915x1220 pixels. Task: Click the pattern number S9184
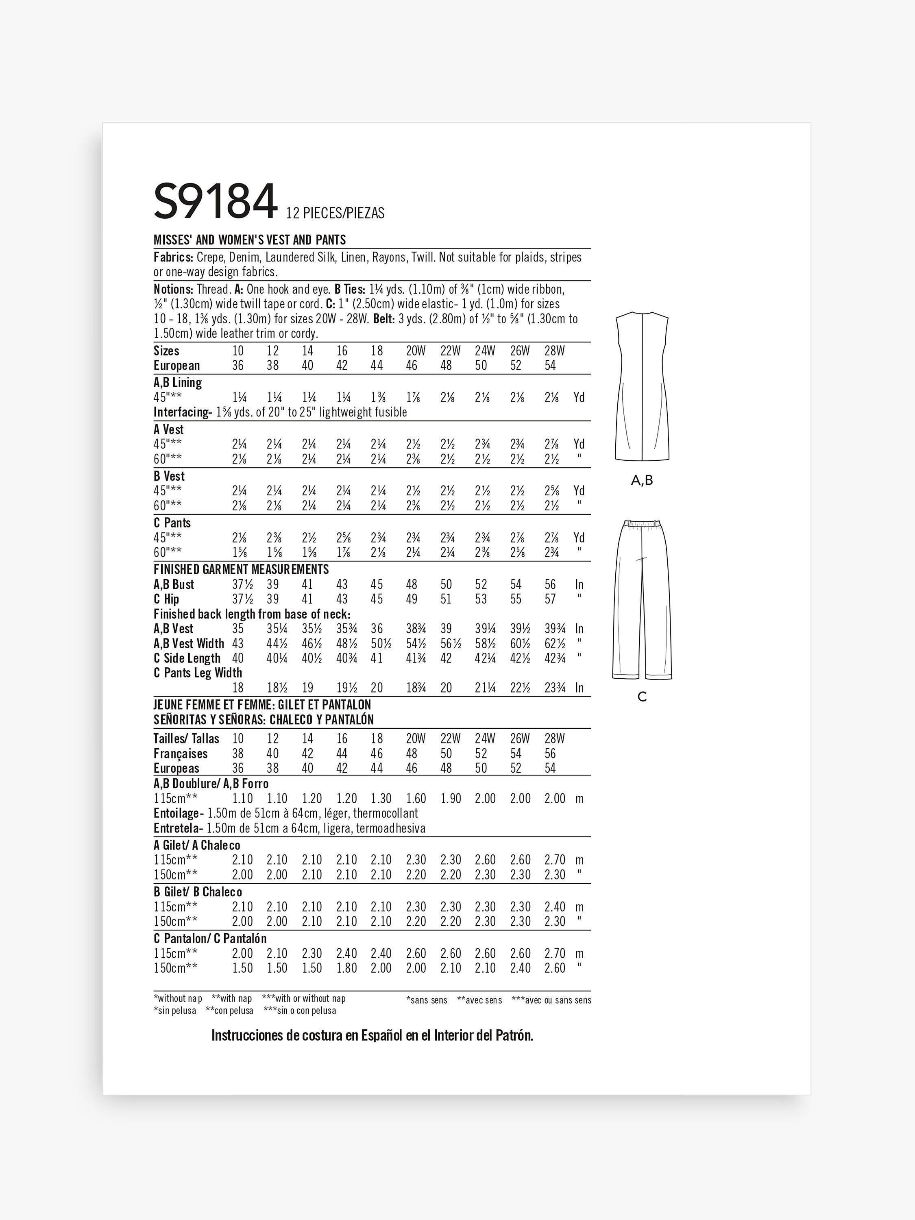pos(215,203)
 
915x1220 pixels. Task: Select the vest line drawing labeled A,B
pos(641,386)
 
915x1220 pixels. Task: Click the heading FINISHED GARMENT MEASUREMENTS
pos(241,569)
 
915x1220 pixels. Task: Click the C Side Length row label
pos(187,658)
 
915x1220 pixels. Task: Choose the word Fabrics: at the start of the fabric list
pos(173,257)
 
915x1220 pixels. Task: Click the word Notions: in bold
pos(173,290)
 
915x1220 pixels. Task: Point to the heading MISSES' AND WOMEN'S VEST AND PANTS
pos(250,240)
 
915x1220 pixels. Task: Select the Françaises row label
pos(180,754)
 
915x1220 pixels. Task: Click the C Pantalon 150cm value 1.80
pos(346,968)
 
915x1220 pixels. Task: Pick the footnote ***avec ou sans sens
pos(551,1000)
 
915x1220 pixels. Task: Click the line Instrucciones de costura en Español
pos(372,1036)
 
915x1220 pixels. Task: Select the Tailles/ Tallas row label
pos(186,739)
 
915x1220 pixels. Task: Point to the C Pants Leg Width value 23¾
pos(554,688)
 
